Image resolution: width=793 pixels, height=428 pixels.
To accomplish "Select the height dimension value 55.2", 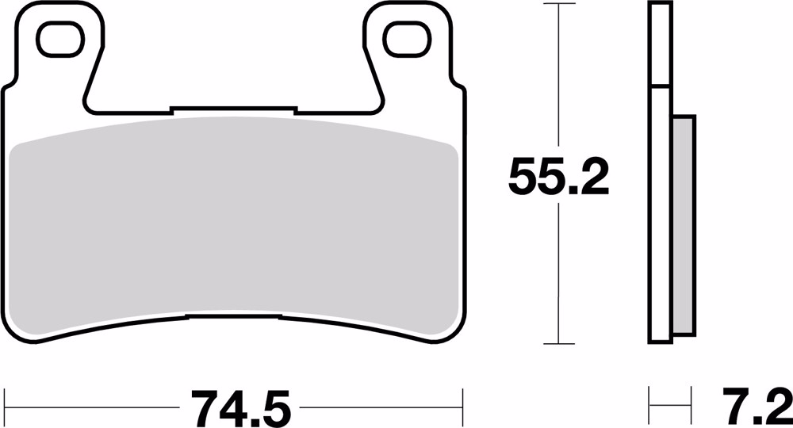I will pyautogui.click(x=558, y=178).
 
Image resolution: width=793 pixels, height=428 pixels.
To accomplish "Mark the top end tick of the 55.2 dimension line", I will pyautogui.click(x=560, y=4).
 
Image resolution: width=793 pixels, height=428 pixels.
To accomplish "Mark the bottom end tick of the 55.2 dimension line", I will pyautogui.click(x=560, y=344).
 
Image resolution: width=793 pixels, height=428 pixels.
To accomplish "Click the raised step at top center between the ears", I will pyautogui.click(x=233, y=108).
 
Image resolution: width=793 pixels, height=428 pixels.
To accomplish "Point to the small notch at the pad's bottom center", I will pyautogui.click(x=235, y=319).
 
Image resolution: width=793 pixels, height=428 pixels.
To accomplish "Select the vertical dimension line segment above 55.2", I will pyautogui.click(x=560, y=79).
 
